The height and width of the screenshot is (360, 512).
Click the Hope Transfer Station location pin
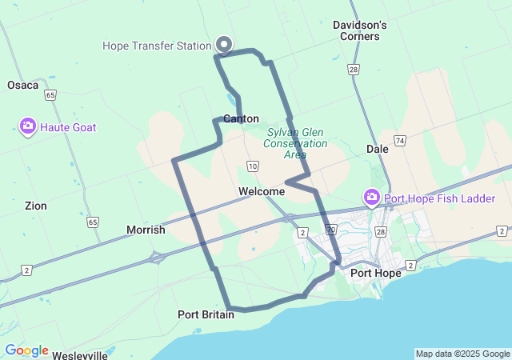pos(224,45)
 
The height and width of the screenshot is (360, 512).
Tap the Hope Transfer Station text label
pos(157,46)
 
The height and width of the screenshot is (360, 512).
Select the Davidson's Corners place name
pos(360,30)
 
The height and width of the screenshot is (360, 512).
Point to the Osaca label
pos(22,85)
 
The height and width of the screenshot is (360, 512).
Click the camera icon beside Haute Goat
pos(28,126)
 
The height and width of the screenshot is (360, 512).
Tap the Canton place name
pos(241,118)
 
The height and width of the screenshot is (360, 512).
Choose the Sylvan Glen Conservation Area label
pos(297,143)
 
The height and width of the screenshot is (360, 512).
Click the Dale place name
pos(377,149)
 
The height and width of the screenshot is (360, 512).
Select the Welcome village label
pos(261,191)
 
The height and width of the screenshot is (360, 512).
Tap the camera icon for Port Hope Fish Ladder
pos(371,198)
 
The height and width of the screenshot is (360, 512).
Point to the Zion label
pos(35,206)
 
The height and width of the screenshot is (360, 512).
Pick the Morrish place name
pos(146,230)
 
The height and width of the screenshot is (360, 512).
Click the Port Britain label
pos(206,314)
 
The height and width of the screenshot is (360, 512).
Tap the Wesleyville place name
pos(80,355)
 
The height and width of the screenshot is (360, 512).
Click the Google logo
pos(26,350)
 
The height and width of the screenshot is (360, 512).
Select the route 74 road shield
pos(400,140)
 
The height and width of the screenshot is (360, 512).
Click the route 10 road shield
pos(253,166)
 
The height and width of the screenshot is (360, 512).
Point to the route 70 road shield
pos(330,230)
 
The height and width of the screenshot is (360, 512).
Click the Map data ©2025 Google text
pos(462,354)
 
